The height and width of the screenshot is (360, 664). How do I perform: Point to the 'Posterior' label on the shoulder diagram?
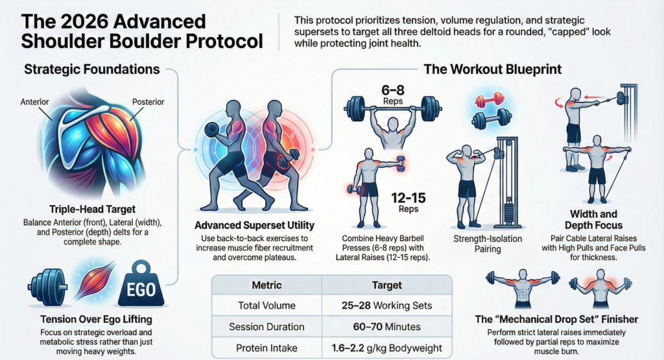coord(148,102)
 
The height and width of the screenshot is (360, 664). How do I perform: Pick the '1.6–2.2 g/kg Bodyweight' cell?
coord(386,348)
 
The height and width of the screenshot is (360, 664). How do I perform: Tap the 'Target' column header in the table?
coord(386,284)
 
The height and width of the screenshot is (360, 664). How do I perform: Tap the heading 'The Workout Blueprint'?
coord(493,69)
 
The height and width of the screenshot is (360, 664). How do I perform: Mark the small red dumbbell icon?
coord(490,101)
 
